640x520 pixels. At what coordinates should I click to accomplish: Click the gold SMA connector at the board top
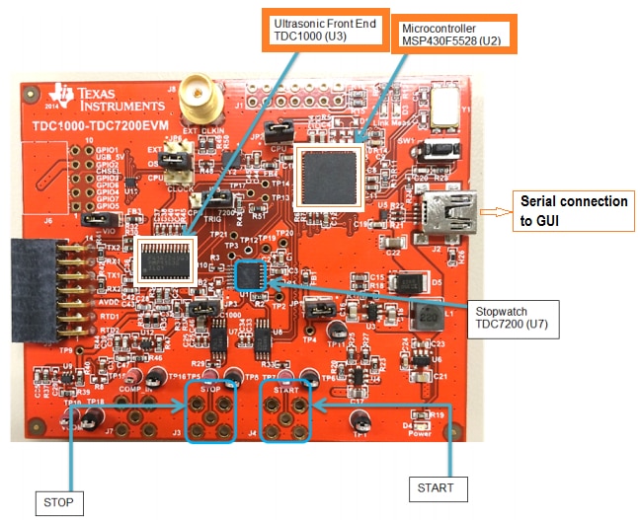click(206, 95)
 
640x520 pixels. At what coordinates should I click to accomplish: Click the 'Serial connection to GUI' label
click(576, 210)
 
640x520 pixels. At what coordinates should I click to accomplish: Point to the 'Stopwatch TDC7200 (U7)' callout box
click(510, 314)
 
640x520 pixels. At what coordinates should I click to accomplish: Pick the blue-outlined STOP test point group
click(210, 414)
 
